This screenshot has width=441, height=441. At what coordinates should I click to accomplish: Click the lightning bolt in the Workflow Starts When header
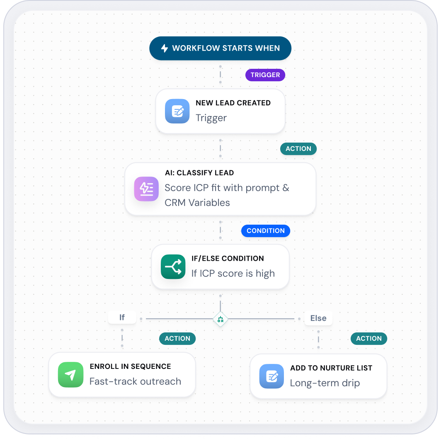(165, 48)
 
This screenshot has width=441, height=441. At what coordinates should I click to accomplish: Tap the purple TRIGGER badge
(265, 75)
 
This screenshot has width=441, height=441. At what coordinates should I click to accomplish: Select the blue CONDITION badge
(266, 230)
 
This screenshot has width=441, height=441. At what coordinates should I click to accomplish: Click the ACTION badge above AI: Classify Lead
(298, 148)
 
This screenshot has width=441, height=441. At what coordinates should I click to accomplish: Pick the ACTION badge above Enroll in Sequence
(177, 338)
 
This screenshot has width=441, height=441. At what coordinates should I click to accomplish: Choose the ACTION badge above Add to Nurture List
(369, 338)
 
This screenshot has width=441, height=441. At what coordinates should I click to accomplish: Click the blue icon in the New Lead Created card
(177, 111)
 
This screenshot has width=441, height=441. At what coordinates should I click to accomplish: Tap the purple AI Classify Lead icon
(146, 189)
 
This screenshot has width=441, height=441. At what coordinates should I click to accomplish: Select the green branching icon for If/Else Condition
(173, 267)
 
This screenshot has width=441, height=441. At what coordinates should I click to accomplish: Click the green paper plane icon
(70, 375)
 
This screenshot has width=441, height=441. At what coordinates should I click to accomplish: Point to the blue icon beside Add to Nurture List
(272, 376)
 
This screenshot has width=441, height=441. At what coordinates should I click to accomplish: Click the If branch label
(122, 317)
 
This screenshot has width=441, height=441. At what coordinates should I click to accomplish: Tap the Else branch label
(318, 318)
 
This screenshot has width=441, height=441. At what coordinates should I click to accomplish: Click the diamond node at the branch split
(220, 319)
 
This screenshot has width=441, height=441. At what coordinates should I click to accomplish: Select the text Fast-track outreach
(135, 381)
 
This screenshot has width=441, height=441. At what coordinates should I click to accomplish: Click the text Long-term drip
(325, 383)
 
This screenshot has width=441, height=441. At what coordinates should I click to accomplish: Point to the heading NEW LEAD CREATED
(233, 103)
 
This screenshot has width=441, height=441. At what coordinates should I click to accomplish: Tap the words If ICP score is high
(233, 274)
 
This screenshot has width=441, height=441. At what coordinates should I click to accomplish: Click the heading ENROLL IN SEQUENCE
(131, 366)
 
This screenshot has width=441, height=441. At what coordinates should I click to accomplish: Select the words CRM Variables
(197, 203)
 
